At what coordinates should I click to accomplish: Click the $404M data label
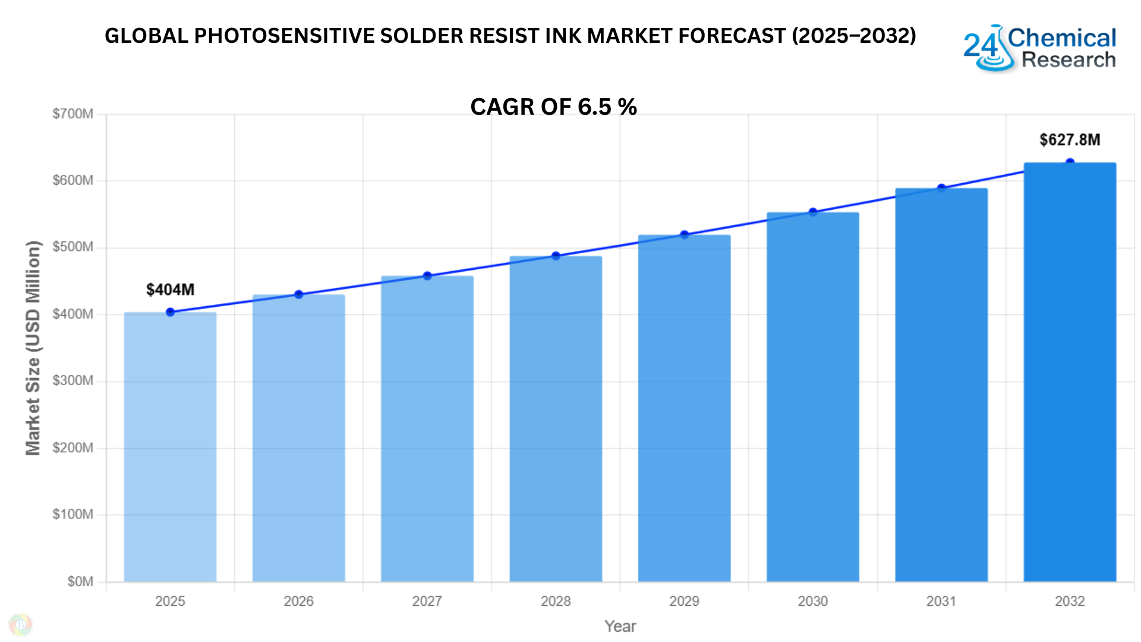[x=170, y=289]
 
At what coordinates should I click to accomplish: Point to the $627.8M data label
[x=1070, y=140]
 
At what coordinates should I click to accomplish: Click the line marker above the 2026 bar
[x=299, y=294]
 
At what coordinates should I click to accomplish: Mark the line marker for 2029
[x=684, y=235]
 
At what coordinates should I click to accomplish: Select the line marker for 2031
[x=941, y=188]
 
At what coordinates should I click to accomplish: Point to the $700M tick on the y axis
[x=73, y=114]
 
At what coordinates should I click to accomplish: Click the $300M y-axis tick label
[x=73, y=380]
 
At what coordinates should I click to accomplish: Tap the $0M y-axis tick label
[x=80, y=581]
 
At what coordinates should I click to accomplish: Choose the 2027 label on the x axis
[x=427, y=601]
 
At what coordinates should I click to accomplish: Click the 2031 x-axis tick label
[x=941, y=601]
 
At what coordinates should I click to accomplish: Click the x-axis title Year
[x=620, y=626]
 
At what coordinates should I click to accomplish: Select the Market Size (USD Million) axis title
[x=33, y=348]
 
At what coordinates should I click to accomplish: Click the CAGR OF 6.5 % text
[x=553, y=107]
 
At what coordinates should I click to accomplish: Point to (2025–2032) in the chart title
[x=853, y=36]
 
